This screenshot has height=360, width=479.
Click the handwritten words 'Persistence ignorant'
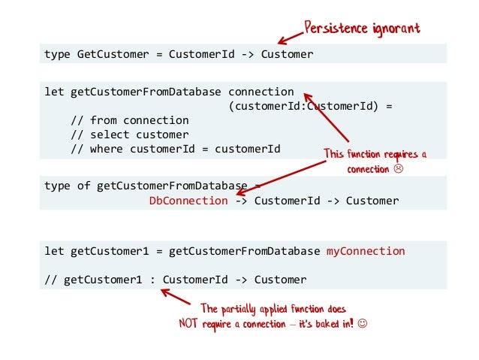pyautogui.click(x=361, y=29)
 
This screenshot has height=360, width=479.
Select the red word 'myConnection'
pyautogui.click(x=366, y=251)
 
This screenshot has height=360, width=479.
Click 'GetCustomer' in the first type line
pyautogui.click(x=113, y=54)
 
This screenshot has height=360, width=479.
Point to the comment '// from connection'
pyautogui.click(x=129, y=120)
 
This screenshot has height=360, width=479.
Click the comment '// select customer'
pyautogui.click(x=129, y=135)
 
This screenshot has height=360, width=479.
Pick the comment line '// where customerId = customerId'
pyautogui.click(x=175, y=149)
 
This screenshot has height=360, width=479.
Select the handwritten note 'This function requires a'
pyautogui.click(x=375, y=155)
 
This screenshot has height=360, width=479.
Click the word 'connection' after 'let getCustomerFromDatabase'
pyautogui.click(x=261, y=92)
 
